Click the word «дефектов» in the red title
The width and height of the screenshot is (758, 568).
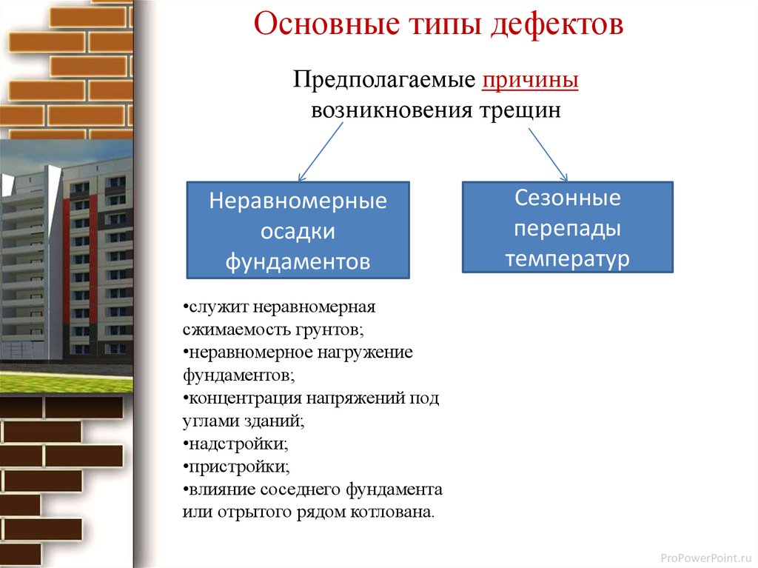pos(557,24)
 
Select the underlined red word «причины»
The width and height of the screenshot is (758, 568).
pos(530,80)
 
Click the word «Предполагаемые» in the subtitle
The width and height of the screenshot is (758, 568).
pos(384,80)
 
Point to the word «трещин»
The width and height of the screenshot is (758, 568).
pos(520,111)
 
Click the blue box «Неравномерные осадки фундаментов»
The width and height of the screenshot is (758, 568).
pos(298,230)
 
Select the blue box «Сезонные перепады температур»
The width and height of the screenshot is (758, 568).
pos(568,227)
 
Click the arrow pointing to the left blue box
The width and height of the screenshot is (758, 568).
pos(321,152)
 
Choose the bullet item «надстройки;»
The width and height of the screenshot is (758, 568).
pos(235,444)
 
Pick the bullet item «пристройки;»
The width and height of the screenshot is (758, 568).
pos(236,467)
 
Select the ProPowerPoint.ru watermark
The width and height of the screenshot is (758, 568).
pos(706,558)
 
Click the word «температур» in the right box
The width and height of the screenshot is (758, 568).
pos(568,259)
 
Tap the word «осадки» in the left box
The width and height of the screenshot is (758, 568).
pos(298,231)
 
